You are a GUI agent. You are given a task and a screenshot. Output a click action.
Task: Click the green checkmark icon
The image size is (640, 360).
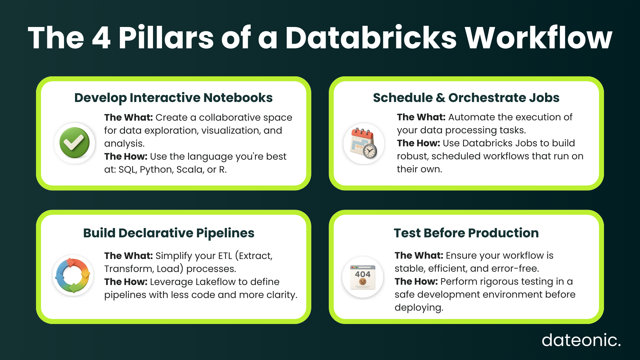click(74, 143)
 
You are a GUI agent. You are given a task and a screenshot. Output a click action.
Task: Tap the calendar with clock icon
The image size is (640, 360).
click(364, 143)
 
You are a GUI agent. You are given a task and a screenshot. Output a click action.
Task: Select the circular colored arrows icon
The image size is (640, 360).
click(73, 275)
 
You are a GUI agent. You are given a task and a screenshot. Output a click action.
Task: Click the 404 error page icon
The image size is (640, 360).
click(363, 277)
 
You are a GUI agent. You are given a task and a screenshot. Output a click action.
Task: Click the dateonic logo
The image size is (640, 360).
click(581, 340)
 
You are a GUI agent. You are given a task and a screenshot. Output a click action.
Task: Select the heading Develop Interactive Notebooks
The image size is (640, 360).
click(173, 98)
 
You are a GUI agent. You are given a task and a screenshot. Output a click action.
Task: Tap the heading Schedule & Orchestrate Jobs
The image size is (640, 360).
click(466, 98)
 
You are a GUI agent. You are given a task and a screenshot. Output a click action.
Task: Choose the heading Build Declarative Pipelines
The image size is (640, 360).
click(169, 233)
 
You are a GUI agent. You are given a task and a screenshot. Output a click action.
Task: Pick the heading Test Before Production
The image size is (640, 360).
click(466, 233)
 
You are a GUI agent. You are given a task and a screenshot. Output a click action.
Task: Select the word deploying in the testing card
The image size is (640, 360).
click(419, 308)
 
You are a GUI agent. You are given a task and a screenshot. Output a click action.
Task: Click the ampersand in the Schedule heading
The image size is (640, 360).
click(440, 98)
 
